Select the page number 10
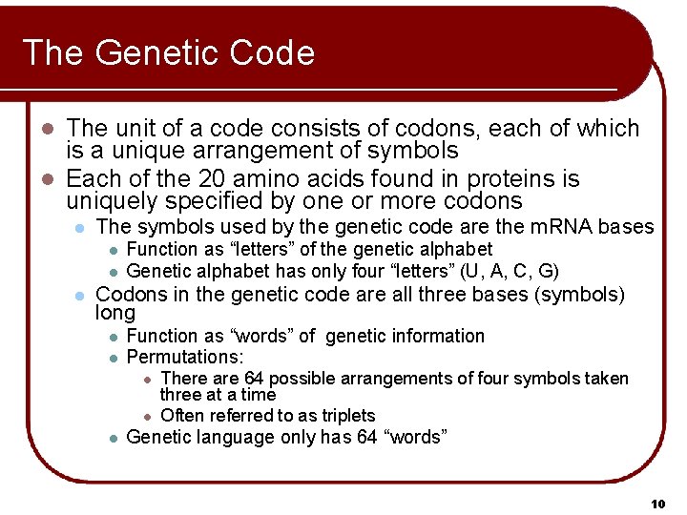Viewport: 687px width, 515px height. (x=657, y=503)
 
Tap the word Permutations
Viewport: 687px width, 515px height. (x=184, y=358)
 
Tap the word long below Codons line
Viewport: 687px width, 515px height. (x=116, y=313)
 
